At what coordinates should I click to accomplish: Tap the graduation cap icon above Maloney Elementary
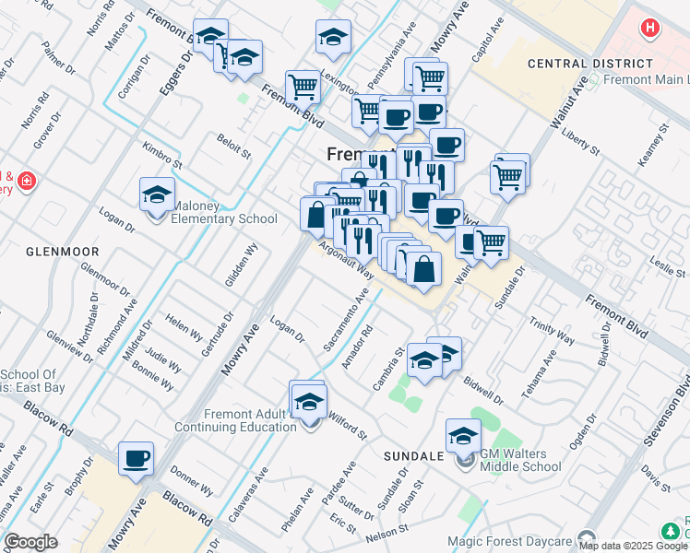click(158, 195)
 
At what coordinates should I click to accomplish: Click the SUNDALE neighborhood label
click(415, 456)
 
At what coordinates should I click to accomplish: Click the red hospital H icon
click(651, 28)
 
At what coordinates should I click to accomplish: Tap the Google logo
click(30, 542)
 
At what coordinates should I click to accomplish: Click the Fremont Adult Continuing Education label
click(237, 420)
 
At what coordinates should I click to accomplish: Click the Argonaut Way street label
click(347, 261)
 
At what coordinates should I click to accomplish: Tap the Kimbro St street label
click(162, 154)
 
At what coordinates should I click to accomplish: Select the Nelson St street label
click(387, 533)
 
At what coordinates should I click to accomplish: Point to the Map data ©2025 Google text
click(633, 546)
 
